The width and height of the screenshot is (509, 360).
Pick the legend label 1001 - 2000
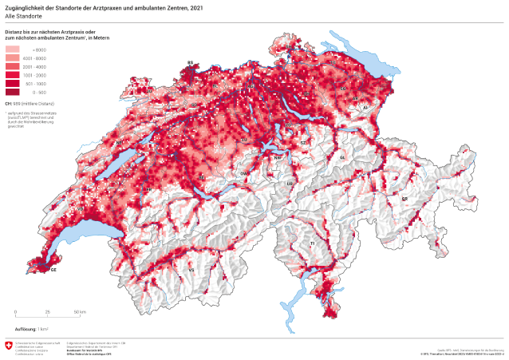(x=37, y=75)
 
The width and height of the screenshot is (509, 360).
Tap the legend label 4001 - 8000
(x=37, y=58)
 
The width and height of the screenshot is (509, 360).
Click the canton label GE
(x=53, y=270)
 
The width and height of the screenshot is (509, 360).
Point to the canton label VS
(x=191, y=270)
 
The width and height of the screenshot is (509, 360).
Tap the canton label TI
(x=313, y=242)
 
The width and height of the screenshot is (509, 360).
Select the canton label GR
(x=404, y=199)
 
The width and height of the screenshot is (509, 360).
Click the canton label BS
(x=190, y=62)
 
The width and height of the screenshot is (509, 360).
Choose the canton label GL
(x=341, y=158)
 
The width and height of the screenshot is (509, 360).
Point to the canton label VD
(x=81, y=209)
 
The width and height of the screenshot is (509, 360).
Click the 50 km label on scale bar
(x=80, y=311)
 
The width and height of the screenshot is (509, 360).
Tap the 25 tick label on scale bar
(x=47, y=311)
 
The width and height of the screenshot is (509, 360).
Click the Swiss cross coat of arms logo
(x=9, y=345)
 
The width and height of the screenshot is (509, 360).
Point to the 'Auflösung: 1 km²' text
(x=31, y=329)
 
